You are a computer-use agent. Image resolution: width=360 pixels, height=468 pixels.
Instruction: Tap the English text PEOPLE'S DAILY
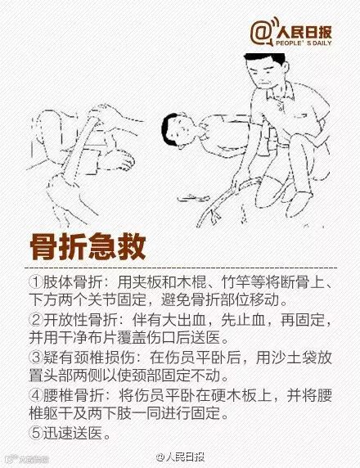click(x=304, y=43)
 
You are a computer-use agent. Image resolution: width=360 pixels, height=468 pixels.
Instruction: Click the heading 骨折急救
click(x=88, y=247)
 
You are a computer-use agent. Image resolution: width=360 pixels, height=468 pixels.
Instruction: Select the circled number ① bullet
click(x=36, y=281)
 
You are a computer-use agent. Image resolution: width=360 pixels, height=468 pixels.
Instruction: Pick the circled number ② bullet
click(x=36, y=320)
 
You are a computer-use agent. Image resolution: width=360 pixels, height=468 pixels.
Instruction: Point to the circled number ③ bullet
click(x=36, y=358)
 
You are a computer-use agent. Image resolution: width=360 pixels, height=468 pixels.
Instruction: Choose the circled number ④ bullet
click(x=36, y=395)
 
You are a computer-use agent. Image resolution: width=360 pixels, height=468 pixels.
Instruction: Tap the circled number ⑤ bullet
click(x=36, y=433)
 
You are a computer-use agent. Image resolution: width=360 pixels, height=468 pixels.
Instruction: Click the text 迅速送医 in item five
click(x=73, y=433)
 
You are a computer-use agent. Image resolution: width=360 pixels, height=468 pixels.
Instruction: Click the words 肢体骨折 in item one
click(x=73, y=281)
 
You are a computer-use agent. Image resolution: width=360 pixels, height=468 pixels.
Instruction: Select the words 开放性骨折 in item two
click(x=81, y=320)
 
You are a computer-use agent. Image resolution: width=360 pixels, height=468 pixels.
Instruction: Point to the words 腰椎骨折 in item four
click(x=73, y=395)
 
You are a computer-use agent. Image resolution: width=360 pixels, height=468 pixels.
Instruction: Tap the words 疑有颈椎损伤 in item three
click(x=88, y=358)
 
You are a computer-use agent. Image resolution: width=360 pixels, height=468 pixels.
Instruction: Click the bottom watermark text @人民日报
click(x=180, y=457)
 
